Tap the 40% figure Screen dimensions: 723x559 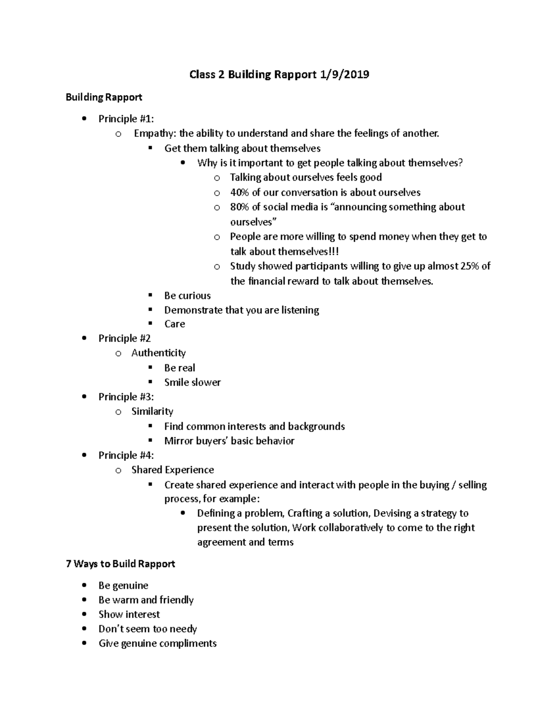[239, 192]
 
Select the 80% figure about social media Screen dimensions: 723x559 [239, 207]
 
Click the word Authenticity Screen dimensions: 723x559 [158, 353]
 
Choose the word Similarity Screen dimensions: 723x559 [152, 412]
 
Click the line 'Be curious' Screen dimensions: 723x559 [187, 296]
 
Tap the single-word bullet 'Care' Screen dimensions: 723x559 [175, 324]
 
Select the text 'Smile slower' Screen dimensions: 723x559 [192, 382]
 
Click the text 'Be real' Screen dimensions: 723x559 [180, 368]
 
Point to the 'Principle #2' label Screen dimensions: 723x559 [124, 338]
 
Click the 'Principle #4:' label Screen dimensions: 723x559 [126, 455]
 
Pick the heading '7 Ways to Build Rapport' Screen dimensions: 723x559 [121, 564]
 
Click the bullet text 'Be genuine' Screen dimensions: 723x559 [123, 586]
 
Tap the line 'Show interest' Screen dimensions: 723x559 [129, 615]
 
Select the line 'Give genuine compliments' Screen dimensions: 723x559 [157, 643]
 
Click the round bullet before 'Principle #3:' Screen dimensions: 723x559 [84, 397]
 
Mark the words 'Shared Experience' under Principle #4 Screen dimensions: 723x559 [173, 470]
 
